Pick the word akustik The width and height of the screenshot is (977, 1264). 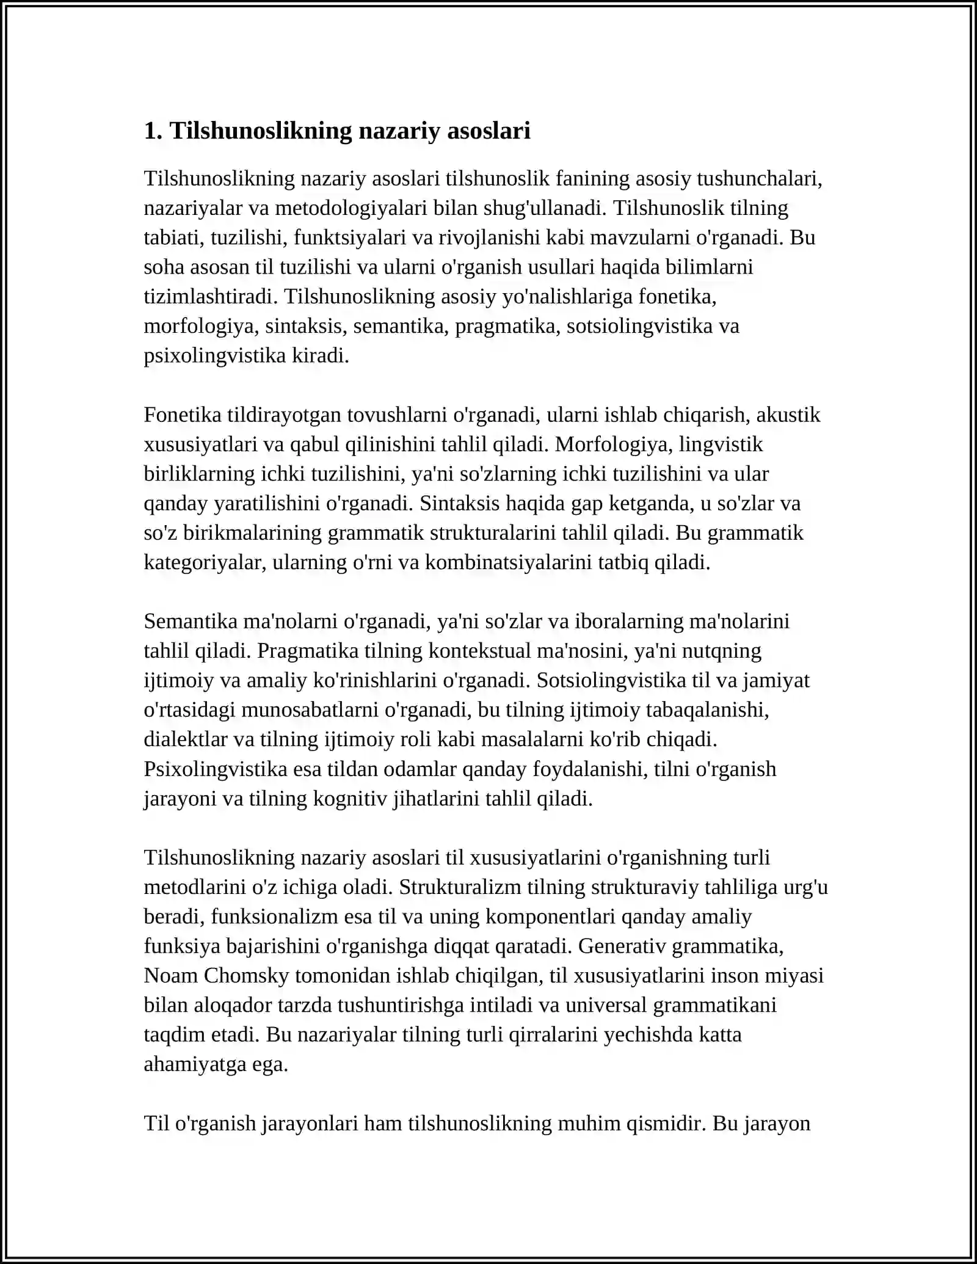point(788,415)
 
